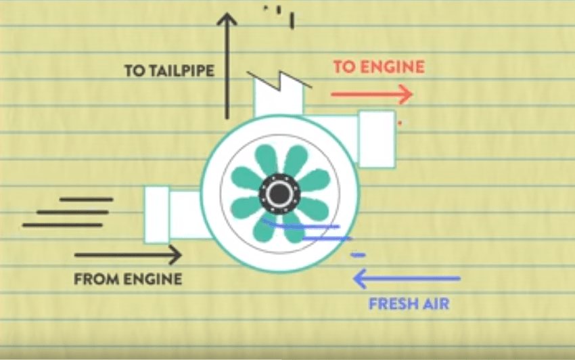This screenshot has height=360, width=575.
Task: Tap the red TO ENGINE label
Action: pos(379,66)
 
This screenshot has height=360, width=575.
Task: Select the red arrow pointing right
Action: pos(371,94)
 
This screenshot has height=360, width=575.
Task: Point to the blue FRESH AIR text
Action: pos(409,303)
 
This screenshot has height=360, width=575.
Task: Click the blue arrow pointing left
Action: pos(407,277)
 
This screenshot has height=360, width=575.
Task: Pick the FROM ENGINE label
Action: pos(128,278)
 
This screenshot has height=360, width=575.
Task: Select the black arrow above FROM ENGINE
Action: pos(128,255)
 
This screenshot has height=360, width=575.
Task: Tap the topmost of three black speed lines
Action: pos(86,199)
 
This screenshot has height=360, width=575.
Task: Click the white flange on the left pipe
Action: pos(156,215)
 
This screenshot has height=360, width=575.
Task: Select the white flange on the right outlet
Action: pos(377,139)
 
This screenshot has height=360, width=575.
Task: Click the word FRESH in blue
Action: pos(393,303)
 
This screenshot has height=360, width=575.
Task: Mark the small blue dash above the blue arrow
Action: pos(359,255)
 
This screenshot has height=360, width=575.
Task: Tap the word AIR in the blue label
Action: pos(436,303)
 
